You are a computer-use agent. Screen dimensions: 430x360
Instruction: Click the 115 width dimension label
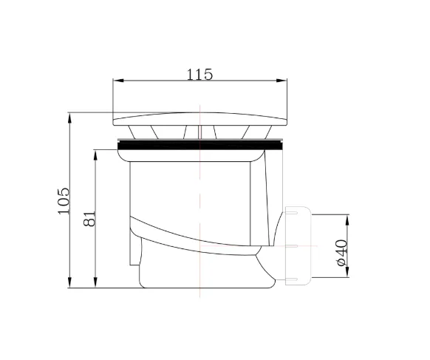click(x=199, y=75)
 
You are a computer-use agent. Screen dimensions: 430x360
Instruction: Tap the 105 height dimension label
click(x=64, y=200)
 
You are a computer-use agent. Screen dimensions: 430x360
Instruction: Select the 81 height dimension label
click(x=89, y=218)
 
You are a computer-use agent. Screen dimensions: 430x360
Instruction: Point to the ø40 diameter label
click(x=341, y=253)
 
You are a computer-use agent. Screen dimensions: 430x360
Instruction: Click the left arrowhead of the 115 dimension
click(x=118, y=81)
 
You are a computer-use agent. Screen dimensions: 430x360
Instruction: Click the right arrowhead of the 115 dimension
click(x=281, y=81)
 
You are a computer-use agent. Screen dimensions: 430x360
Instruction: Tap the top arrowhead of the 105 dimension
click(x=69, y=118)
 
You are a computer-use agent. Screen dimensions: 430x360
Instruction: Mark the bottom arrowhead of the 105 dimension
click(x=69, y=282)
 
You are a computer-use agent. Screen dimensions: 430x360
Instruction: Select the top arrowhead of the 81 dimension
click(x=95, y=155)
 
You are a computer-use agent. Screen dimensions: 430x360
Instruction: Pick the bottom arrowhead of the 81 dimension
click(x=95, y=282)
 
